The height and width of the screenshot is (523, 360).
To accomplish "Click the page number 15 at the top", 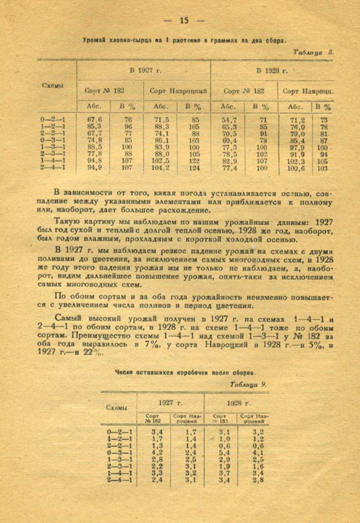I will (x=184, y=20).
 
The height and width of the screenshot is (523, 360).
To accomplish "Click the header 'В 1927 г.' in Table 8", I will (x=144, y=71).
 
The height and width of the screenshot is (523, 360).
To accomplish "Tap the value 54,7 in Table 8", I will (x=229, y=119).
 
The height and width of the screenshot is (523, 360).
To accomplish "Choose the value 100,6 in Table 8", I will (x=297, y=168).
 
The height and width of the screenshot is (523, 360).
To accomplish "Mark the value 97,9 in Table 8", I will (x=297, y=147).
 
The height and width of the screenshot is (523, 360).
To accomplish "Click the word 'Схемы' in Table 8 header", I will (x=53, y=85).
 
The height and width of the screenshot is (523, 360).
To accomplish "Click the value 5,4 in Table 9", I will (x=224, y=452).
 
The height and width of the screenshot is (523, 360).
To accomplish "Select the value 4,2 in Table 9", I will (x=156, y=452).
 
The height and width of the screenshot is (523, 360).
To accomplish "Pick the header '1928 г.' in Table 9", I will (x=239, y=403).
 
